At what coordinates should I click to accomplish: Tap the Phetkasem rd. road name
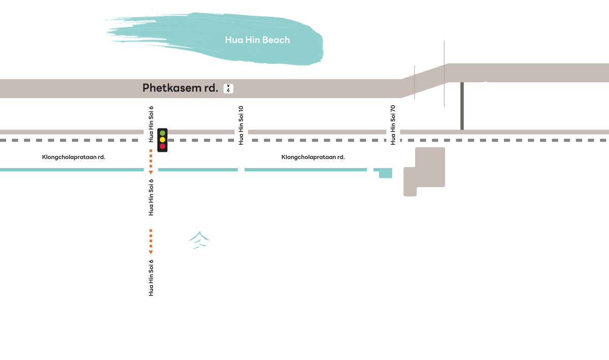click(x=180, y=88)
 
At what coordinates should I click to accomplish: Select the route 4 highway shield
click(x=228, y=88)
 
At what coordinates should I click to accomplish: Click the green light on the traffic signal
click(x=162, y=133)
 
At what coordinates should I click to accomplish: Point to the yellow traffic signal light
click(x=162, y=140)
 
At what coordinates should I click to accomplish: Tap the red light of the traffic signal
click(x=162, y=146)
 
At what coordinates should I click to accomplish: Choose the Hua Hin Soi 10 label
click(x=241, y=125)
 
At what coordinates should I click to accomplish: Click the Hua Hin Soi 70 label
click(x=393, y=125)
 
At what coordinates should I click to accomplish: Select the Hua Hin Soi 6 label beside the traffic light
click(x=151, y=124)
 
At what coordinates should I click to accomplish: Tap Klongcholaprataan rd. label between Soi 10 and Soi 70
click(x=313, y=157)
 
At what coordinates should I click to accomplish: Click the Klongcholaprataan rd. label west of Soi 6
click(x=74, y=157)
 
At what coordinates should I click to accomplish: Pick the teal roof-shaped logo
click(x=199, y=240)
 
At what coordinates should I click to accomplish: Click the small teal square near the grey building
click(x=386, y=173)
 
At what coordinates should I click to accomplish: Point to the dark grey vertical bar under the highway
click(x=462, y=106)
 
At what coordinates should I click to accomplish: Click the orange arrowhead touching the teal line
click(x=151, y=172)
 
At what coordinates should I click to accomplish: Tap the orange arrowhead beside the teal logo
click(x=151, y=252)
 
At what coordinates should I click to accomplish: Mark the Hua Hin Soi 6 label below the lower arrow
click(x=151, y=278)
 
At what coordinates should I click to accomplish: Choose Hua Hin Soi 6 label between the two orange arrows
click(x=151, y=198)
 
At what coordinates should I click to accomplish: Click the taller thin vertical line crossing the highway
click(x=444, y=74)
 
